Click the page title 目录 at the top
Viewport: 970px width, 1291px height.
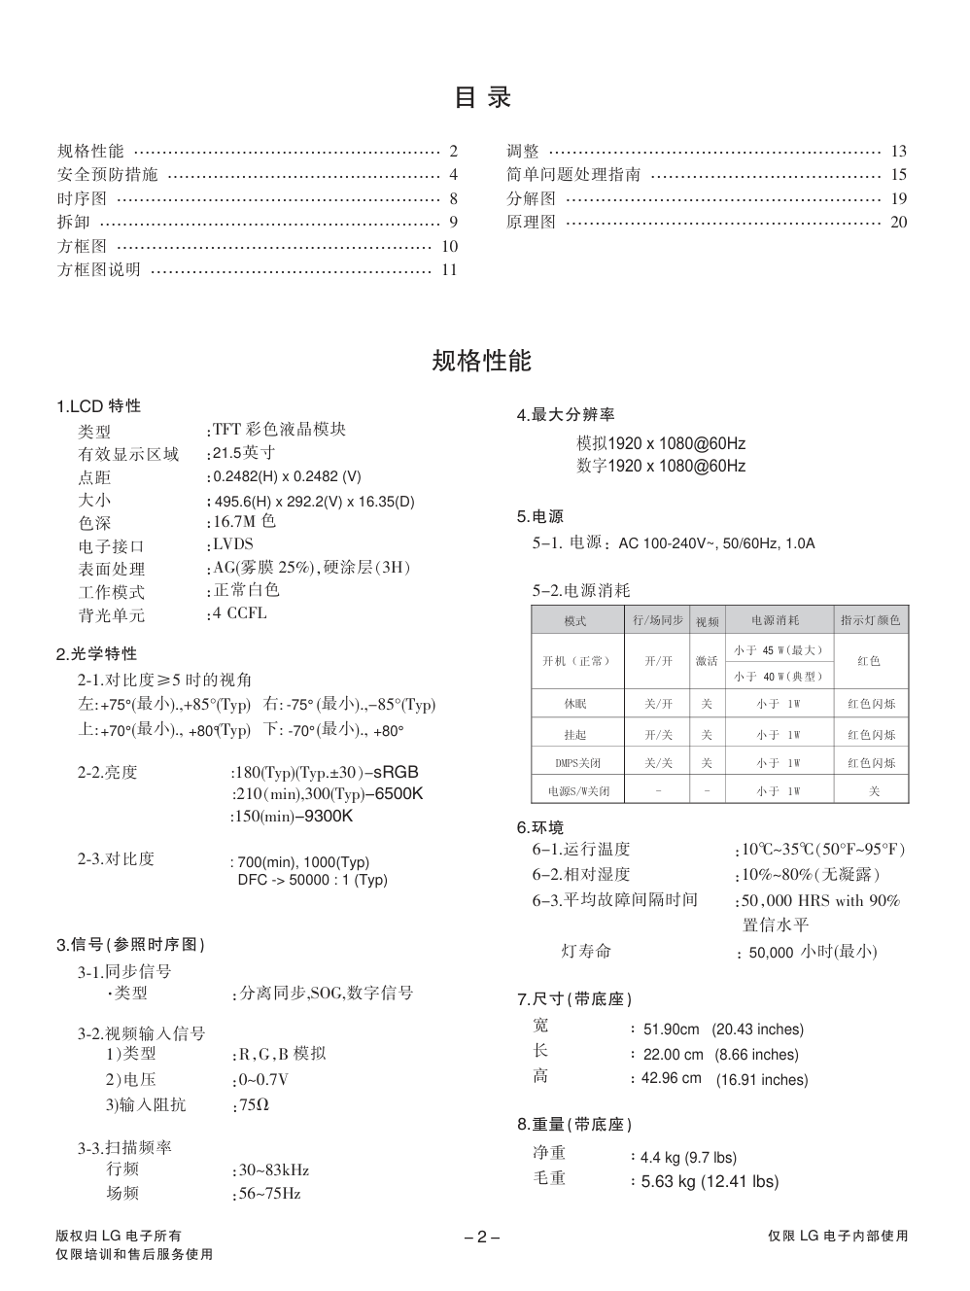[482, 97]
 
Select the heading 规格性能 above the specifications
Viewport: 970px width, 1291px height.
[482, 362]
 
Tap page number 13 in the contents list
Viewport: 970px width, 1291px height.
[898, 152]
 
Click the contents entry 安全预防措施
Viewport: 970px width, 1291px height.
[107, 175]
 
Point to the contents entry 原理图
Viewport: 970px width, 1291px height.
[531, 223]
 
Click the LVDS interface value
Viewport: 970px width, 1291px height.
[233, 544]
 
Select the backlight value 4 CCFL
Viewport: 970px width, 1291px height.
[239, 613]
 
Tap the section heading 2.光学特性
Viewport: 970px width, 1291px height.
[97, 654]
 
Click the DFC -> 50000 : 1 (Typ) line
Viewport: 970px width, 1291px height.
[312, 880]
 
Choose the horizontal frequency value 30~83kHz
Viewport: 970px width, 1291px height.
[273, 1170]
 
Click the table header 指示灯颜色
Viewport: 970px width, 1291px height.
[870, 620]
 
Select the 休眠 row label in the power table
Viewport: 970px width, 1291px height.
[575, 704]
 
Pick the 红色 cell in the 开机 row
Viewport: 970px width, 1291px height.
[870, 661]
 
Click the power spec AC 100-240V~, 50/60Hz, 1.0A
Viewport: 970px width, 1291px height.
[716, 543]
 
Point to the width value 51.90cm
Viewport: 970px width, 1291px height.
[671, 1029]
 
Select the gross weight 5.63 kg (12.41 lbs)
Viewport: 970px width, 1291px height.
[710, 1182]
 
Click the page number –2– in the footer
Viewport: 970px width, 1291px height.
[482, 1238]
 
